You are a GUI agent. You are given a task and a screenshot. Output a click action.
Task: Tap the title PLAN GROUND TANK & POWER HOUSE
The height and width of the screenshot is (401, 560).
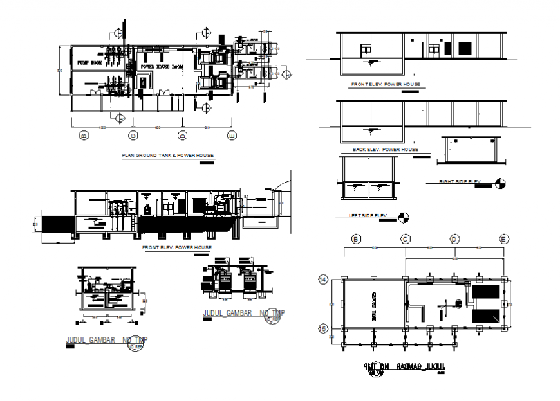click(x=168, y=156)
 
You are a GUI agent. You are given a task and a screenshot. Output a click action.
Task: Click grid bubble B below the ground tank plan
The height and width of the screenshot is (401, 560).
click(x=83, y=136)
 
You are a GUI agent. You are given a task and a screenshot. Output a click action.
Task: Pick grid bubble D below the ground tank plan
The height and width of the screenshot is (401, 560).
click(x=183, y=136)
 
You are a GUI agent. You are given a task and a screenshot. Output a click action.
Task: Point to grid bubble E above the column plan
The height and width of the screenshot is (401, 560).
click(x=504, y=239)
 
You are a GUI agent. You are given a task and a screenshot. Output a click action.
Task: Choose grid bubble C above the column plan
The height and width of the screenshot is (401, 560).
click(x=406, y=239)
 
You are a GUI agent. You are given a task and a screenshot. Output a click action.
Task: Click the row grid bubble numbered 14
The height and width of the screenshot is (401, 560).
click(x=324, y=280)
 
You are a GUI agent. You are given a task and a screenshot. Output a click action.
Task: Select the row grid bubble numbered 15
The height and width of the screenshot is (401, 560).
click(x=324, y=328)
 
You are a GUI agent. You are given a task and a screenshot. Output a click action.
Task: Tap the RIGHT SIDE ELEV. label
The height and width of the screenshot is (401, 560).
click(x=460, y=182)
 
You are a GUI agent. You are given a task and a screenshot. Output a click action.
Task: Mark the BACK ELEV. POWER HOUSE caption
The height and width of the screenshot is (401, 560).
click(x=385, y=150)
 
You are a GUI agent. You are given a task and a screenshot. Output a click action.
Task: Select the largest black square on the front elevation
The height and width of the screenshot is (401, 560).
click(x=463, y=49)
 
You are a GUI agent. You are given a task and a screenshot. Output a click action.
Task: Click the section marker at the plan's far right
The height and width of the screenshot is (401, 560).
click(x=287, y=75)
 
